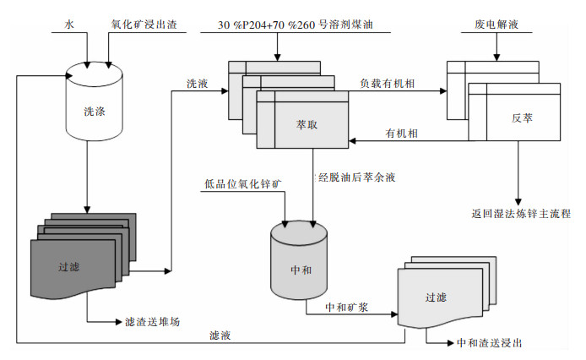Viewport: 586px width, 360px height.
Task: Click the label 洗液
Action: coord(198,83)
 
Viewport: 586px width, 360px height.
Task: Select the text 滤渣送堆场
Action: coord(152,322)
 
